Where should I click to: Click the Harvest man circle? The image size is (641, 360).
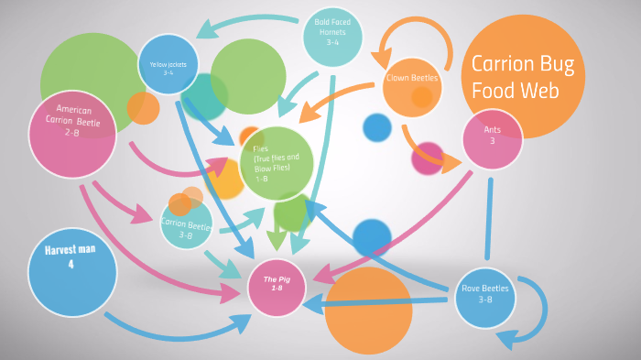click(71, 271)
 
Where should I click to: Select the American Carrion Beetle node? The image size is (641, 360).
click(72, 134)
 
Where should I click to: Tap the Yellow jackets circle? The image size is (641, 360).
click(168, 65)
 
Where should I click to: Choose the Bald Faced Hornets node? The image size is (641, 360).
click(332, 37)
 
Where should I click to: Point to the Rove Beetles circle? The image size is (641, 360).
click(486, 298)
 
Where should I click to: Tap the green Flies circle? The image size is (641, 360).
click(277, 163)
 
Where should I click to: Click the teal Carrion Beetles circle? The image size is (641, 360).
click(187, 224)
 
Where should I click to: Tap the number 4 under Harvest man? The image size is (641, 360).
click(71, 264)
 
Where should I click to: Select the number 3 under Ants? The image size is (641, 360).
click(492, 141)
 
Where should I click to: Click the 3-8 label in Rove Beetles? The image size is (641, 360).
click(485, 300)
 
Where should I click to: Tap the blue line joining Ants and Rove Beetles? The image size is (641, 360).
click(489, 220)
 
